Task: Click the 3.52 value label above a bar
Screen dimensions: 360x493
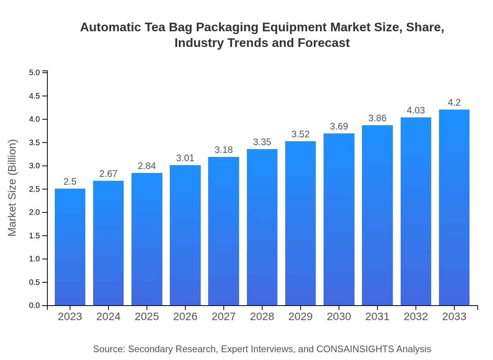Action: [x=300, y=134]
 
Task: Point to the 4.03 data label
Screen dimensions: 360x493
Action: [x=416, y=110]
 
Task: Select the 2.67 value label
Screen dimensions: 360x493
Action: [x=108, y=174]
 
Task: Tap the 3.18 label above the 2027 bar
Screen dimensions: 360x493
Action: [x=224, y=150]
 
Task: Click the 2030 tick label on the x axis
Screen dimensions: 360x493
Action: [x=339, y=317]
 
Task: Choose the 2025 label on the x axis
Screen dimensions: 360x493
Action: [x=147, y=317]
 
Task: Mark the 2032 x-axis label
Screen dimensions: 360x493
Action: [x=416, y=317]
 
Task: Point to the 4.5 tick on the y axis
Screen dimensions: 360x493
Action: [x=34, y=96]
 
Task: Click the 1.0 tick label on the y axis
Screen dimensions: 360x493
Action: [x=34, y=259]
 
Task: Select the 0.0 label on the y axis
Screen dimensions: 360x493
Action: [x=34, y=306]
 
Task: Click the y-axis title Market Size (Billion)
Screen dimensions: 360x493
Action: [x=13, y=188]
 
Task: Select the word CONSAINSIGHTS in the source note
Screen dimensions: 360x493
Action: [x=355, y=349]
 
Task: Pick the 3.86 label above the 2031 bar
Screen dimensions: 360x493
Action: [x=377, y=118]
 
